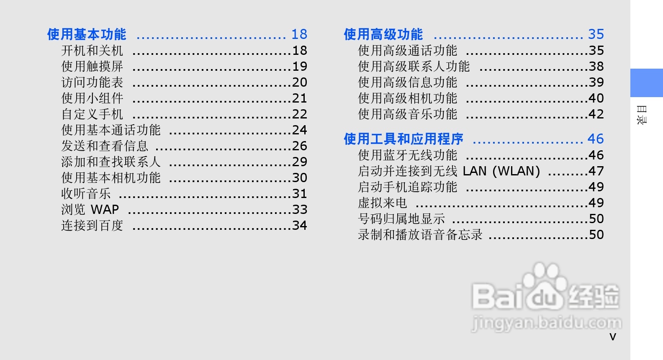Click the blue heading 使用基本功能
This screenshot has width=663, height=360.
click(x=86, y=34)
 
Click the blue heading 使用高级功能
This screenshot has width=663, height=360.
click(x=383, y=34)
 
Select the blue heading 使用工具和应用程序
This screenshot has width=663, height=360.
click(x=403, y=139)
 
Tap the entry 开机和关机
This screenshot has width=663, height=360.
click(x=92, y=51)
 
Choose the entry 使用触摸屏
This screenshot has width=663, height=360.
click(x=92, y=67)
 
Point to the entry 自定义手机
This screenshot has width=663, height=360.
click(x=92, y=114)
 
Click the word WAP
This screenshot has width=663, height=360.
click(x=105, y=209)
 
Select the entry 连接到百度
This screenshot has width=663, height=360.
click(x=92, y=226)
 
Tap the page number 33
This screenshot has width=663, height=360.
click(x=300, y=209)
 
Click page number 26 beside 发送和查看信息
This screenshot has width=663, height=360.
click(x=300, y=146)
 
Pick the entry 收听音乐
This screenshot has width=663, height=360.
click(x=86, y=194)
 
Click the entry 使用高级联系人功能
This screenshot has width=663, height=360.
click(x=414, y=67)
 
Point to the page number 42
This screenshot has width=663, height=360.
click(x=596, y=114)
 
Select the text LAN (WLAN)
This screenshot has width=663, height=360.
click(x=501, y=171)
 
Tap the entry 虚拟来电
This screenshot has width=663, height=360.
click(x=382, y=203)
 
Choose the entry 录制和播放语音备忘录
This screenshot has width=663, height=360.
click(x=420, y=235)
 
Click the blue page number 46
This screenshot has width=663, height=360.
click(x=595, y=139)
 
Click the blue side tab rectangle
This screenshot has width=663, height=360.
click(x=646, y=83)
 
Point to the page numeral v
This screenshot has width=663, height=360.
click(x=613, y=337)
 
